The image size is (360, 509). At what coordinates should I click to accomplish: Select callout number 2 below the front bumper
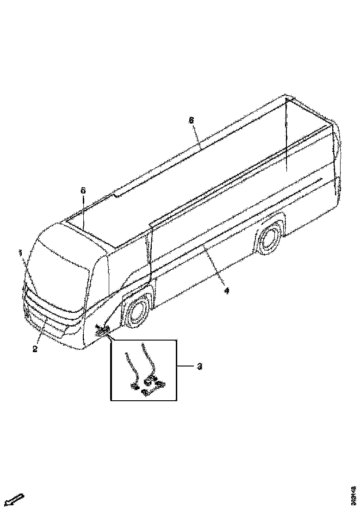pyautogui.click(x=35, y=349)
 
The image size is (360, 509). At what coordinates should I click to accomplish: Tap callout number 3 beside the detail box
pyautogui.click(x=199, y=366)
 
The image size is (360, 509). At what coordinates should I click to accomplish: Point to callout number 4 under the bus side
pyautogui.click(x=226, y=290)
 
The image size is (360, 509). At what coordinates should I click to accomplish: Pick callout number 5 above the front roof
pyautogui.click(x=83, y=191)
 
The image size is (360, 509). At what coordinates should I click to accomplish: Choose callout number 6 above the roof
pyautogui.click(x=191, y=120)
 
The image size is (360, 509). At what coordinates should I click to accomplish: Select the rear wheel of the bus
pyautogui.click(x=269, y=239)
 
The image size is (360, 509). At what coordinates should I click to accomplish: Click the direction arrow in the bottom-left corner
pyautogui.click(x=15, y=499)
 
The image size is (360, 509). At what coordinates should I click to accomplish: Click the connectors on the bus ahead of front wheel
pyautogui.click(x=102, y=330)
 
